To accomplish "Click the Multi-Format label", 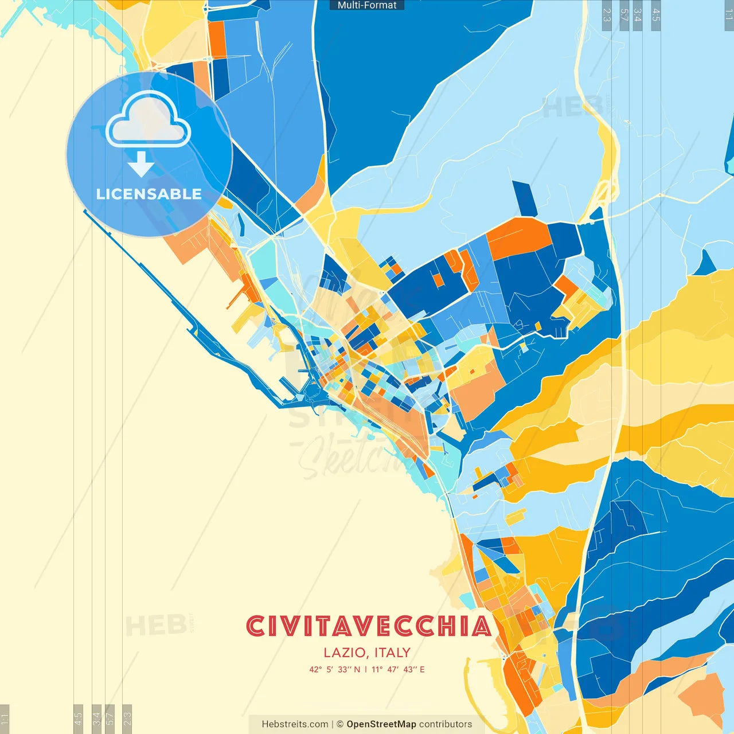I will tap(367, 5).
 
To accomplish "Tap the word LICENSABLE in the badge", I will tap(149, 194).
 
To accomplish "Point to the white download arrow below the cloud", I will tap(141, 165).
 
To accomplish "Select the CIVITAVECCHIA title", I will tap(369, 626).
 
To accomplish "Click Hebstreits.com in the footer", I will tap(295, 724).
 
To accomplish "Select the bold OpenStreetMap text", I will tap(381, 724).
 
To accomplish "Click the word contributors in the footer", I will tap(446, 724).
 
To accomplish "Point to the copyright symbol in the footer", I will tap(340, 724).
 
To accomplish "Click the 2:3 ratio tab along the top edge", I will tap(607, 15).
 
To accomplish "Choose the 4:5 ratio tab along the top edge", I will tap(656, 15).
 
